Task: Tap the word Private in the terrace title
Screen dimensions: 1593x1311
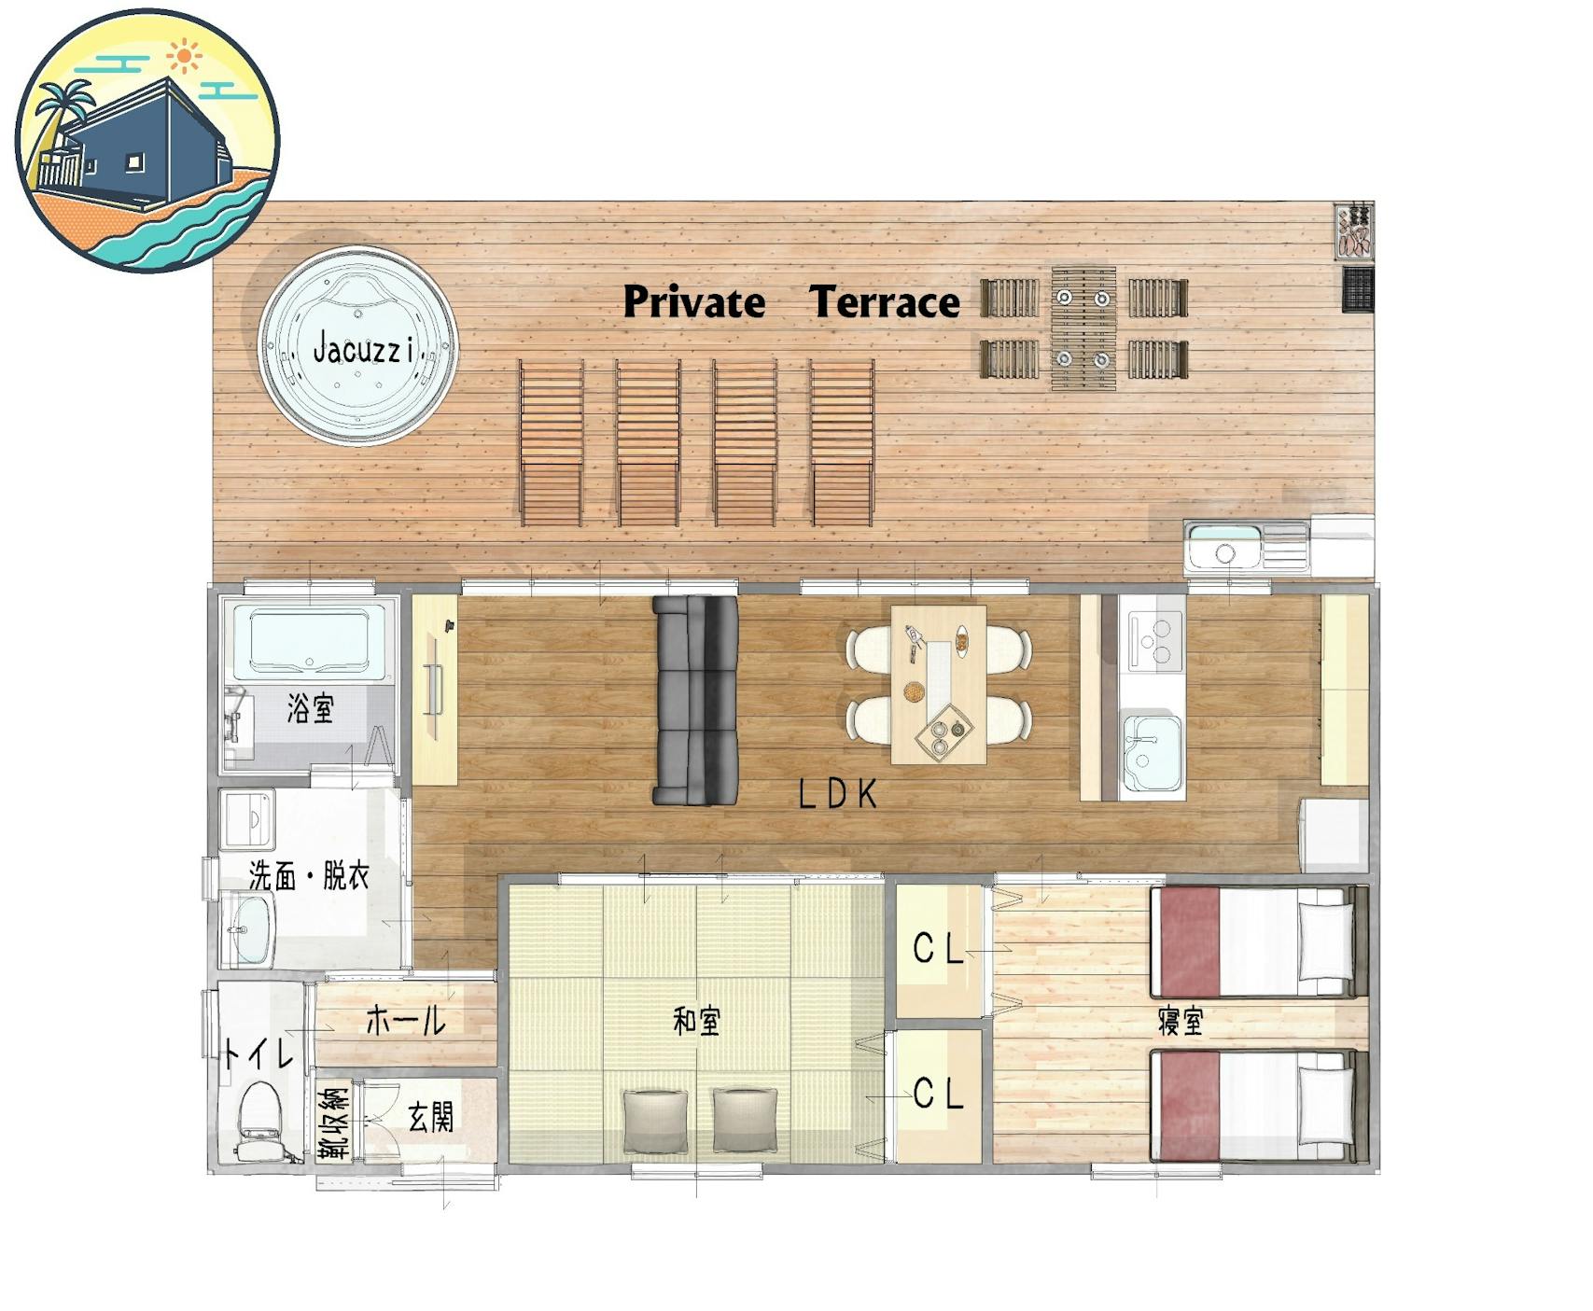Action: coord(693,302)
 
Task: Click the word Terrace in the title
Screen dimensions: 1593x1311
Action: coord(885,302)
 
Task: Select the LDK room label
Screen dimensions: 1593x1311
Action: coord(838,794)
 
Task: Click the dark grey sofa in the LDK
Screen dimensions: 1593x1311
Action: coord(695,700)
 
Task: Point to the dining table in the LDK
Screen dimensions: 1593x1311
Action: coord(938,685)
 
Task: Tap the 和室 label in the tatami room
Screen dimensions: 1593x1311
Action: coord(696,1022)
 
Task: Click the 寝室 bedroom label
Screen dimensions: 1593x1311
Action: coord(1181,1022)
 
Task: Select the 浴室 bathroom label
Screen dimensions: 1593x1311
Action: coord(310,708)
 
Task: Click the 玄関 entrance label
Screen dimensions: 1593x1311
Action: coord(431,1117)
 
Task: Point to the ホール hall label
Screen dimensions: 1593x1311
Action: coord(406,1020)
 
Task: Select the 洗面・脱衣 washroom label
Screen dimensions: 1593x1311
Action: coord(309,875)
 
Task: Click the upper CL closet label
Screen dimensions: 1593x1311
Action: coord(938,949)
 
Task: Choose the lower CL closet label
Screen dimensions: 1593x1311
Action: coord(938,1093)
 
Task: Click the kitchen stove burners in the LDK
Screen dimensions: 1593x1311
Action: coord(1155,641)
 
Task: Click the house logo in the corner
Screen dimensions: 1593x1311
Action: coord(147,142)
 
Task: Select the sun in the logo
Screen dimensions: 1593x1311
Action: coord(185,57)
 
